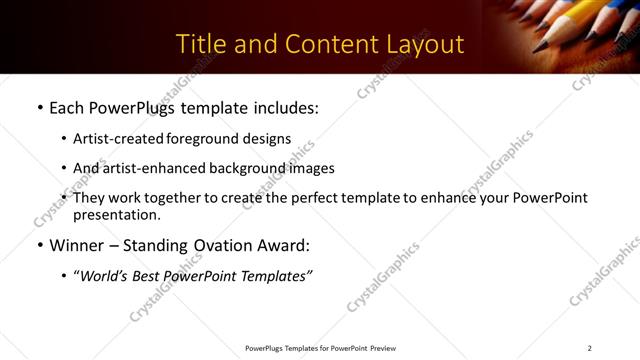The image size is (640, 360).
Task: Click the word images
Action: point(311,168)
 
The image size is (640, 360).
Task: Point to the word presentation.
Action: point(116,214)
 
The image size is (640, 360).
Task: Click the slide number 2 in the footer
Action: point(590,348)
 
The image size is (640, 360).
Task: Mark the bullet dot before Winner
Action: point(39,245)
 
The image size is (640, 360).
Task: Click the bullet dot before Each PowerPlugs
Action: point(39,106)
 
